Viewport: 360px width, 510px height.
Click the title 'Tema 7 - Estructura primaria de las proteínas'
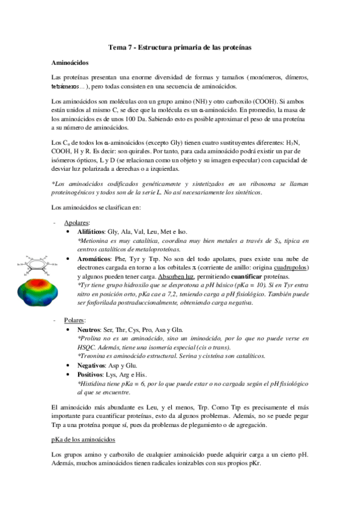click(180, 46)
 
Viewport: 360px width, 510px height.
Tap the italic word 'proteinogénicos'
click(75, 192)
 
